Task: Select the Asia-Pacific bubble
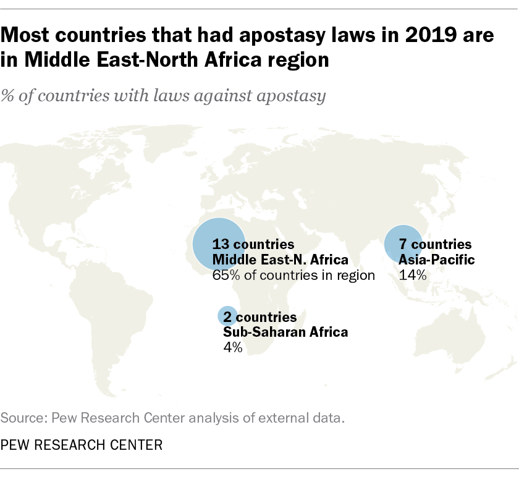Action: (403, 244)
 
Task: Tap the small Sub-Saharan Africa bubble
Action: (227, 316)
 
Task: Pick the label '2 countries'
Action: (259, 317)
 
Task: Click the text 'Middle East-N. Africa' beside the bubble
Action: (280, 260)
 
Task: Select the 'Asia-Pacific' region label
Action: (437, 260)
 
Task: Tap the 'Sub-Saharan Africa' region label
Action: (285, 332)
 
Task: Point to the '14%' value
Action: (413, 276)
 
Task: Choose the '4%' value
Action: (232, 348)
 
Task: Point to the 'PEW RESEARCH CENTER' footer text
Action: (82, 444)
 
